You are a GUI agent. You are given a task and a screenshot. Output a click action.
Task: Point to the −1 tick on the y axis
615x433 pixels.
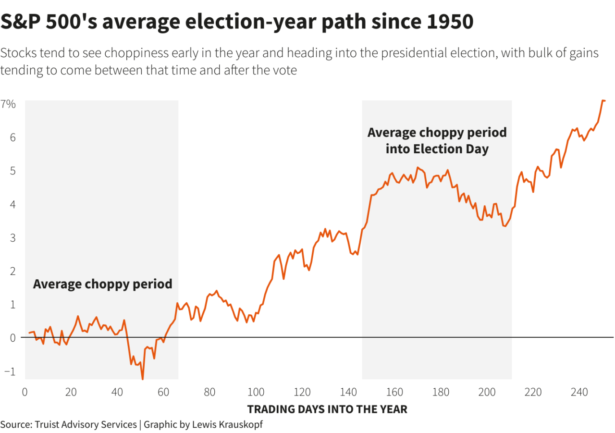click(x=9, y=371)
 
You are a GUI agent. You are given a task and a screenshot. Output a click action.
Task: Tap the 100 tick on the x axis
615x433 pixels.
click(x=256, y=392)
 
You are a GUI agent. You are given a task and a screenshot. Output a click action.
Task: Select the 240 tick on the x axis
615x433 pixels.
click(x=579, y=392)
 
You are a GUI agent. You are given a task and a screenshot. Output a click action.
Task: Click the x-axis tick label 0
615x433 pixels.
click(x=25, y=392)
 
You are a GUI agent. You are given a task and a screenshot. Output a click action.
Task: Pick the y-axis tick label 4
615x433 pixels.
click(x=12, y=204)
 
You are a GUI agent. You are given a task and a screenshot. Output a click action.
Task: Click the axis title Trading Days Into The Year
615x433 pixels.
click(x=327, y=409)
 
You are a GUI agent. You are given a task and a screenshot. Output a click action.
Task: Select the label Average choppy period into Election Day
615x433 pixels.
click(x=437, y=141)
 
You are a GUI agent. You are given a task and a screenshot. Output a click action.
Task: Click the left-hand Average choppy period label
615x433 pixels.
click(x=102, y=284)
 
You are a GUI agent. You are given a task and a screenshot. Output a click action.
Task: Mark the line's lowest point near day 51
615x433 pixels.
click(x=143, y=379)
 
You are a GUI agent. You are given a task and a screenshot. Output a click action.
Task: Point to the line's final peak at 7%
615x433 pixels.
click(x=603, y=100)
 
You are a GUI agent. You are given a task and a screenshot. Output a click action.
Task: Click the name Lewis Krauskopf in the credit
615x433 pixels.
click(x=228, y=425)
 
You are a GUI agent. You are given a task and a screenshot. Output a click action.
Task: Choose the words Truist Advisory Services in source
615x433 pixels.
click(x=85, y=425)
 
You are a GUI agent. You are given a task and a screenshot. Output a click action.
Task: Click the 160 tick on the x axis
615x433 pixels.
click(x=394, y=392)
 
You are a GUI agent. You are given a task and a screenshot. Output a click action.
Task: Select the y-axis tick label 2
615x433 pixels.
click(x=12, y=271)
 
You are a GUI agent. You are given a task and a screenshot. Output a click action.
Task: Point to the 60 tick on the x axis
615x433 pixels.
click(x=163, y=392)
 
